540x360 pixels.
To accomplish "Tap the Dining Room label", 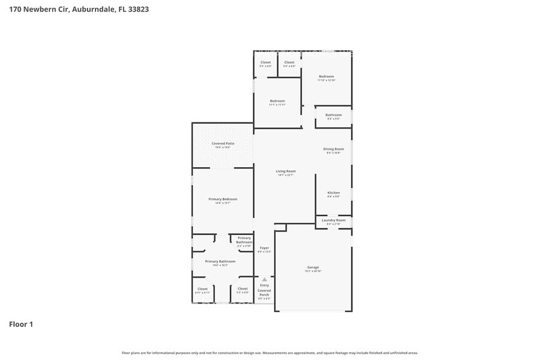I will (x=334, y=149).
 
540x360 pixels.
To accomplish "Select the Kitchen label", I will (x=334, y=192).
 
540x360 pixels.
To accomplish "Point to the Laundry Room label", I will (x=334, y=220).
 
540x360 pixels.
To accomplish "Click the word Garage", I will (x=313, y=268).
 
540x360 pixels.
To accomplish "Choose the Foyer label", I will (x=264, y=247).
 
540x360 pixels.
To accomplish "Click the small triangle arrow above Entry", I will (x=264, y=279).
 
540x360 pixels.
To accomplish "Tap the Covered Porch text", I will (x=264, y=293).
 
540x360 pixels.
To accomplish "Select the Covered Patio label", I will (x=223, y=143).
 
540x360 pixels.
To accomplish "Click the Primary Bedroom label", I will (x=223, y=199).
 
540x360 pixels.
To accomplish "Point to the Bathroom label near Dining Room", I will (x=334, y=115).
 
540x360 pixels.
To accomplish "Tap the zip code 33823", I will (x=138, y=9).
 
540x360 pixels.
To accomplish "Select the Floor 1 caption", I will (x=21, y=324).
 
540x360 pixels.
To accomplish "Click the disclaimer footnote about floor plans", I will (x=270, y=353).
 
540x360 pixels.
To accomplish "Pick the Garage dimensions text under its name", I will (x=313, y=272).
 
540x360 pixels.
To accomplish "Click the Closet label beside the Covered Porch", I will (x=243, y=288).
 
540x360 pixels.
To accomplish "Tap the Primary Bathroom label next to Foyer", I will (x=244, y=240).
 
